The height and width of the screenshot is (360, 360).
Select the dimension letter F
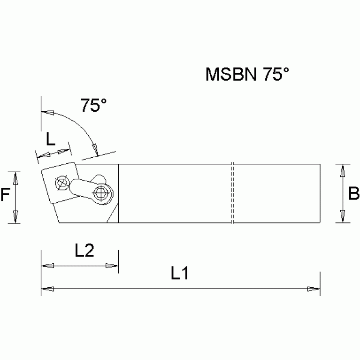[x=5, y=194]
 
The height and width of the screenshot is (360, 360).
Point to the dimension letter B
[x=354, y=193]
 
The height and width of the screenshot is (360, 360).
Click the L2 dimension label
[x=85, y=251]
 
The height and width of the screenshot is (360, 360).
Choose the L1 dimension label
[x=179, y=274]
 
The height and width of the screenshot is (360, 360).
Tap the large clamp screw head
[x=100, y=192]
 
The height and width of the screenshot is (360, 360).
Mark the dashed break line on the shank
[x=232, y=193]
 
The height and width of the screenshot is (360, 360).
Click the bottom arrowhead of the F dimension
[x=15, y=217]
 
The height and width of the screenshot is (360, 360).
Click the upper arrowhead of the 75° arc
[x=47, y=113]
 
